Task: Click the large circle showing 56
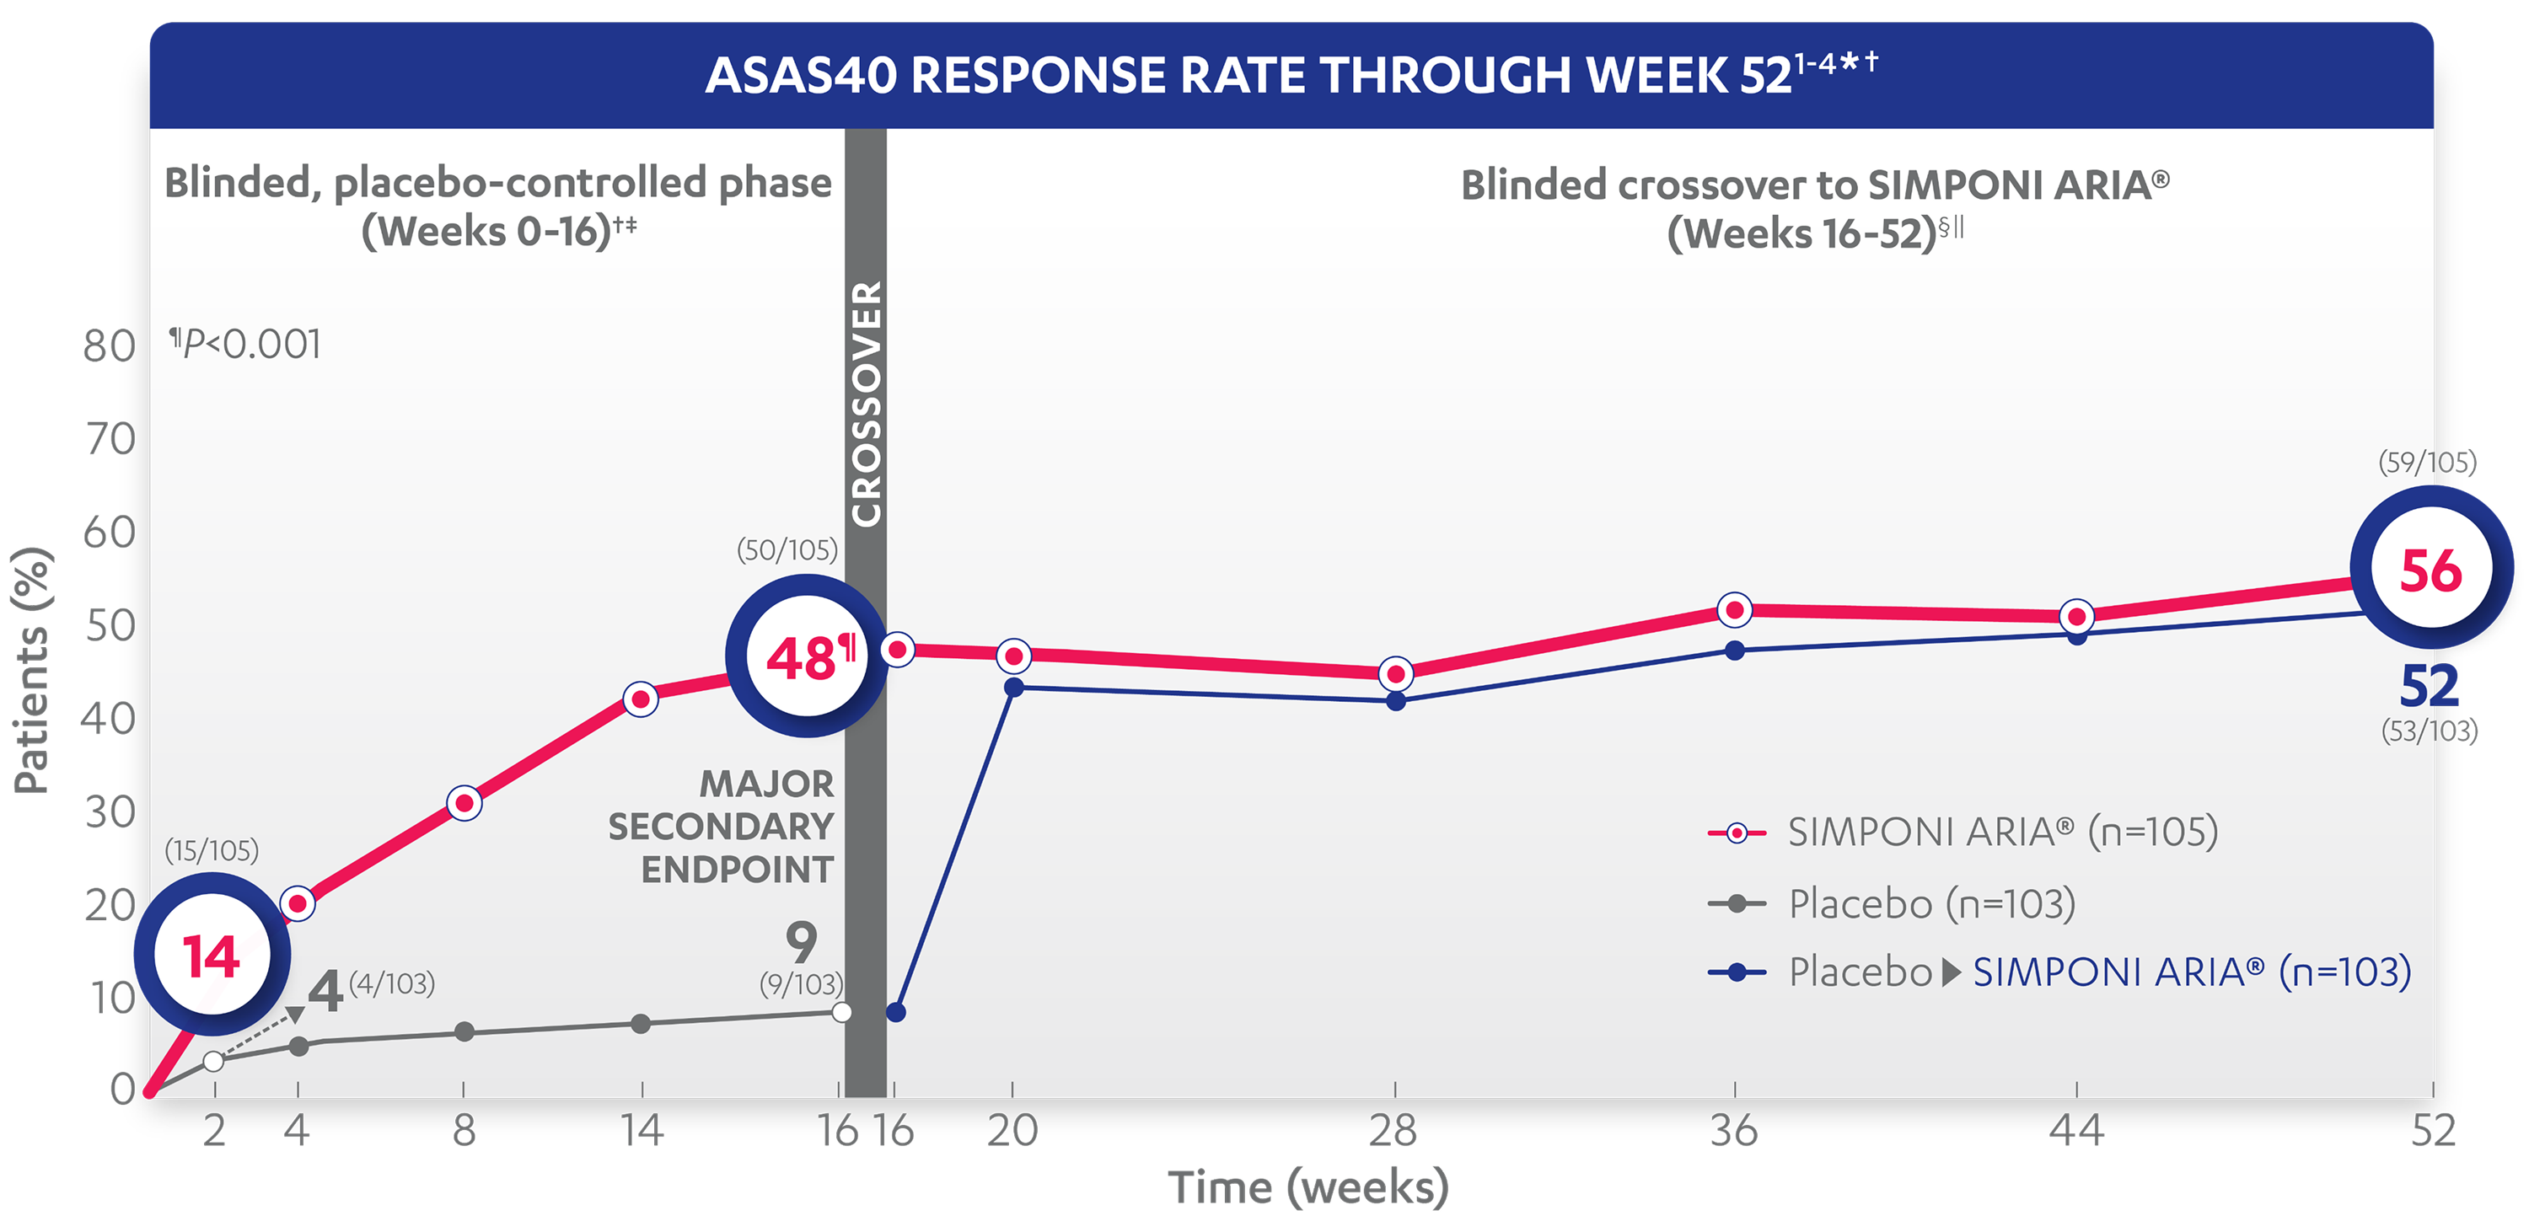point(2431,568)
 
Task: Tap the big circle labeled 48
point(806,656)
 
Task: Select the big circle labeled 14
point(212,954)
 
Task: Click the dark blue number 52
point(2429,685)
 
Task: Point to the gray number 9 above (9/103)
point(801,942)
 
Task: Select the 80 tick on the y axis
point(108,346)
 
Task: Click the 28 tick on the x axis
point(1393,1131)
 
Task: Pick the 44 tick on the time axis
point(2076,1131)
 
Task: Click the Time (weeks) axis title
point(1307,1186)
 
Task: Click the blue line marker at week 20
point(1014,687)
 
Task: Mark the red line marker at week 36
point(1735,609)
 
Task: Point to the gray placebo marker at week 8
point(464,1031)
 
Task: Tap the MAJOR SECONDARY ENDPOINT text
point(722,827)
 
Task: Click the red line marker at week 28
point(1395,673)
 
